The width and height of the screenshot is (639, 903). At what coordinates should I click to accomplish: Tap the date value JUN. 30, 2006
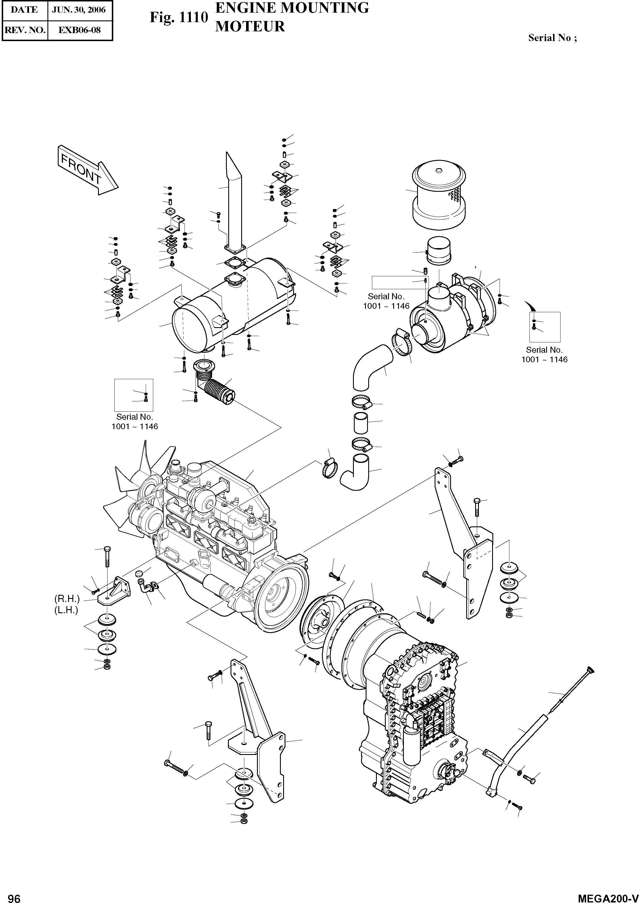(80, 10)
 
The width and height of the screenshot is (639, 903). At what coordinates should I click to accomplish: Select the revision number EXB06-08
(80, 30)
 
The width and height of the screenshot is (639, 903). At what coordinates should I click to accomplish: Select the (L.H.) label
(66, 610)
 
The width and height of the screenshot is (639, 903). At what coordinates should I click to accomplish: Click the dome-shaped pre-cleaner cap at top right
(439, 197)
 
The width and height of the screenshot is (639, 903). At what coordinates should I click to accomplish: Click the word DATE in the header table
(24, 10)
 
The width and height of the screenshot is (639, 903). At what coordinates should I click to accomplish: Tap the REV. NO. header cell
(24, 30)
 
